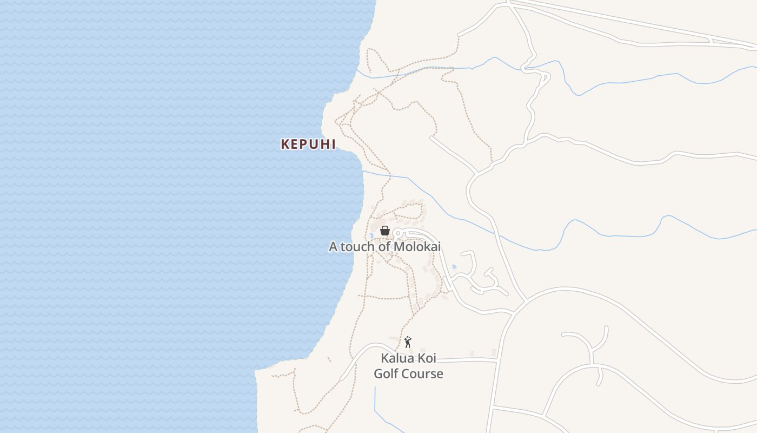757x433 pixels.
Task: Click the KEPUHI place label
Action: tap(308, 144)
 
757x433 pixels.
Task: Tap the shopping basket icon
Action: tap(385, 231)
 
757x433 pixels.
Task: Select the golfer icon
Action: tap(408, 342)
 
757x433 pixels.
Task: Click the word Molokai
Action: tap(417, 247)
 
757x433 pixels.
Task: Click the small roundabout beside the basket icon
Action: tap(397, 233)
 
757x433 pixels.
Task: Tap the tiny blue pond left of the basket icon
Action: tap(371, 235)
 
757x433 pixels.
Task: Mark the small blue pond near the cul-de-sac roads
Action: tap(454, 267)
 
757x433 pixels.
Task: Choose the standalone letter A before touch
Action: tap(333, 247)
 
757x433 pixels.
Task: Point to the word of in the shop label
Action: tap(386, 247)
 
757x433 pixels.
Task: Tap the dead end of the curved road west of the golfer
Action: tap(341, 379)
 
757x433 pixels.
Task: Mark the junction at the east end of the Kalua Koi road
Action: tap(497, 359)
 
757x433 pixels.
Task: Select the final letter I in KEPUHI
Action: tap(333, 144)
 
